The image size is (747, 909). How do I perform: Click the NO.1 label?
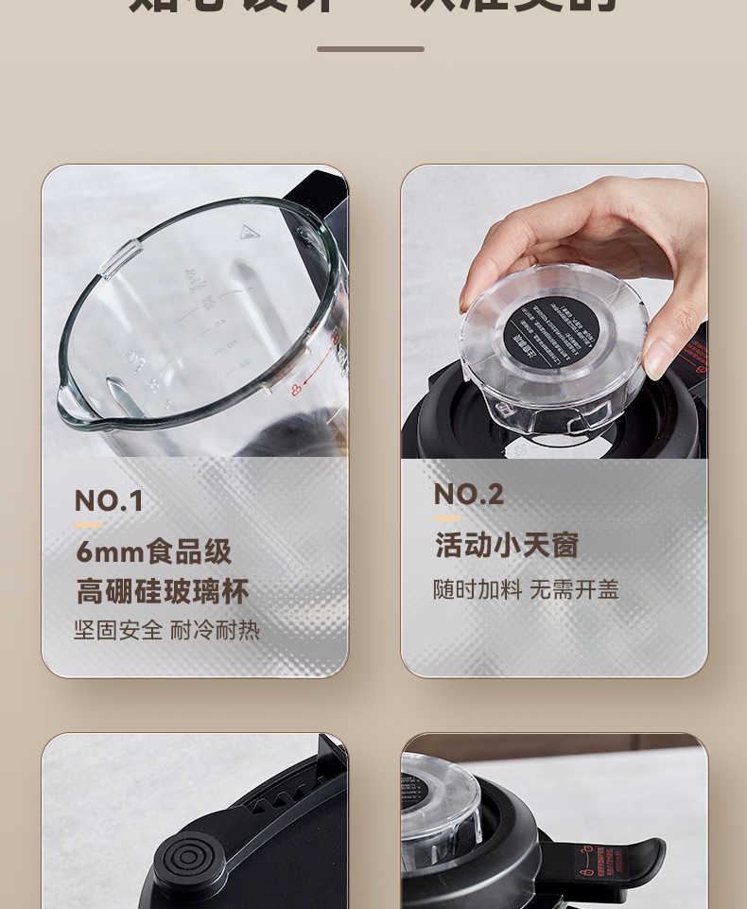tap(109, 500)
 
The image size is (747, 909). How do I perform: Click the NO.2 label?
tap(468, 494)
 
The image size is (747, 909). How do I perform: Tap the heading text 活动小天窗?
tap(506, 545)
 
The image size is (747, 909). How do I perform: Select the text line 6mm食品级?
tap(153, 551)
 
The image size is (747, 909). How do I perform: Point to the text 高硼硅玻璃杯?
tap(163, 592)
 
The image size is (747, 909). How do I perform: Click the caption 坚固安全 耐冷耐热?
tap(166, 630)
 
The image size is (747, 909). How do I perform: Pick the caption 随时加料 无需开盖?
tap(526, 589)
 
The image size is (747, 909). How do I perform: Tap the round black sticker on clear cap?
tap(550, 333)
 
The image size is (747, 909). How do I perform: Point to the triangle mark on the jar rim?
tap(250, 232)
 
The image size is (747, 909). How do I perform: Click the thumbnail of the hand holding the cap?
tap(554, 311)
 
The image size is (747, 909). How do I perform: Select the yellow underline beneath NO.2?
tap(447, 518)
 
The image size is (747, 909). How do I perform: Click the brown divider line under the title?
tap(371, 48)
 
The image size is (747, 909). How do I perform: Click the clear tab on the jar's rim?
tap(121, 257)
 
